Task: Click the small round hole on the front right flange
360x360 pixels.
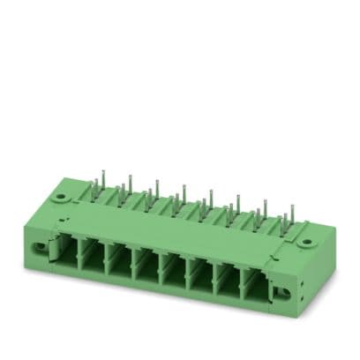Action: pos(285,291)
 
